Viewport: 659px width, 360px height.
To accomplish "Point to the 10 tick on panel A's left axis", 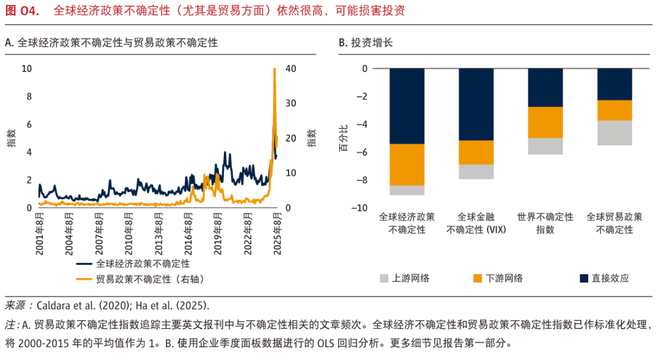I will pos(26,69).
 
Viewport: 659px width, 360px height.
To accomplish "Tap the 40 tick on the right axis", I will pos(292,69).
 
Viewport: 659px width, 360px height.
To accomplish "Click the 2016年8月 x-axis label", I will pos(193,228).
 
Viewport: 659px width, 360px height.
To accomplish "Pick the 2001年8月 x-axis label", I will pos(40,228).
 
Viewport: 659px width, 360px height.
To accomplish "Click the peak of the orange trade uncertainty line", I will pos(275,70).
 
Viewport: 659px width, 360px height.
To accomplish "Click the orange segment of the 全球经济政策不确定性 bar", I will pos(407,165).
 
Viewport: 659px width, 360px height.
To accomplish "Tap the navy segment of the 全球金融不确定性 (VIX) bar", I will pos(476,104).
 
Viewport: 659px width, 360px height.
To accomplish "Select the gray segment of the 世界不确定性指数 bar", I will pos(545,146).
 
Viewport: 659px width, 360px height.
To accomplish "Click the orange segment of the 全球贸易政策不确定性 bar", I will pos(614,110).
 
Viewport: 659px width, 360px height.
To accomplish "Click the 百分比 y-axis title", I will pos(343,139).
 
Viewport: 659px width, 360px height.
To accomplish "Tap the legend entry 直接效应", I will pos(610,278).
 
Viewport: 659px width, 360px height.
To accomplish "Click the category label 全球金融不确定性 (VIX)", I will pos(476,223).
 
